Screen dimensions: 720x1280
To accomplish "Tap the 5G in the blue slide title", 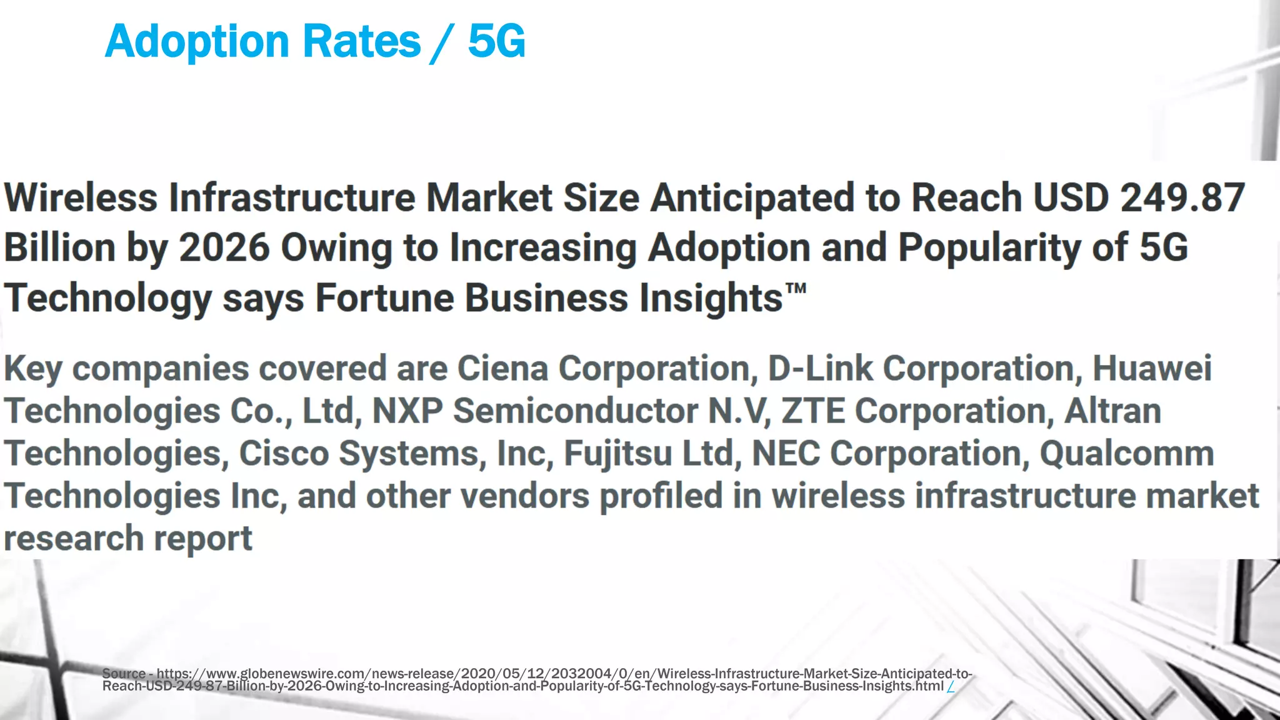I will click(x=497, y=41).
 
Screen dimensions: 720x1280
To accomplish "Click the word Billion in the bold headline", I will click(x=60, y=247).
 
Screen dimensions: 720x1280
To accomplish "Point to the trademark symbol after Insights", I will click(x=796, y=289).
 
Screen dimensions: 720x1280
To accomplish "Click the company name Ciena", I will click(x=502, y=368).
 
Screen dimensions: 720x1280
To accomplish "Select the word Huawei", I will click(x=1152, y=368).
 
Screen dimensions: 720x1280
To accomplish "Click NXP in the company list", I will click(x=407, y=411).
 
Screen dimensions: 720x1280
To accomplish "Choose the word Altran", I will click(x=1112, y=411).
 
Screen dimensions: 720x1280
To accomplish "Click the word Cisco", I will click(x=284, y=453).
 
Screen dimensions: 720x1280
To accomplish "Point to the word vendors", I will click(x=525, y=496).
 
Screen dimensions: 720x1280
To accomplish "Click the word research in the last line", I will click(x=74, y=539).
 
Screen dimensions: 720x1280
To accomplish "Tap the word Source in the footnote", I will click(x=124, y=674).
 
